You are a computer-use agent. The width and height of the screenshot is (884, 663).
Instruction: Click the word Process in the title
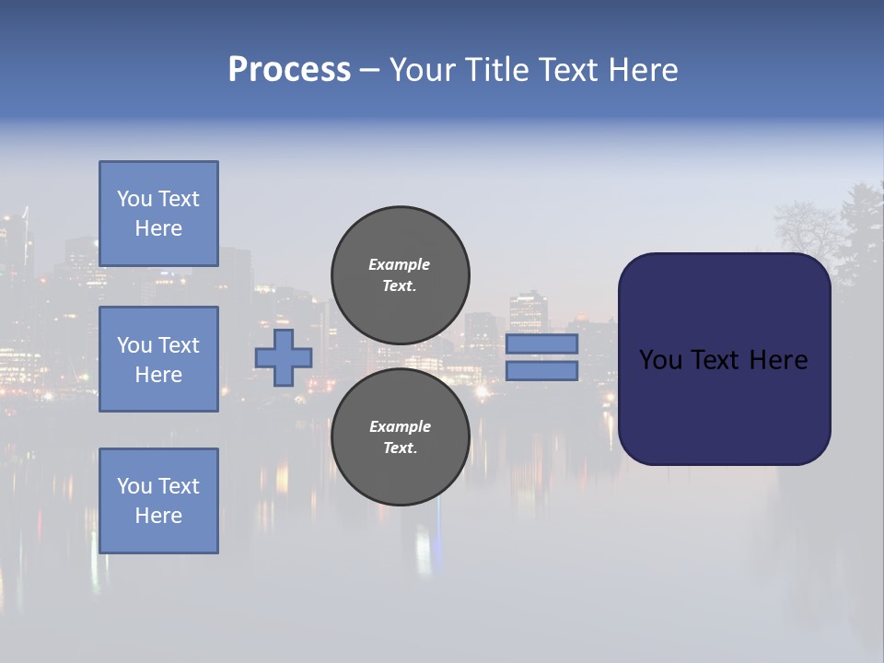click(289, 70)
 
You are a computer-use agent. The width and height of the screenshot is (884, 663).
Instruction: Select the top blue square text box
click(158, 214)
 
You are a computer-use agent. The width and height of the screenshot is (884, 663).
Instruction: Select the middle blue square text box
click(158, 359)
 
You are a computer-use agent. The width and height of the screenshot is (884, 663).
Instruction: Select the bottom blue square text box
click(158, 501)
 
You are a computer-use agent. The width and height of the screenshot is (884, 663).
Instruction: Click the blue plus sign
click(284, 357)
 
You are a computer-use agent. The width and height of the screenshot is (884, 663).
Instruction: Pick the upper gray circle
click(400, 274)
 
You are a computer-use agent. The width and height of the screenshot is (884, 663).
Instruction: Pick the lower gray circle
click(400, 436)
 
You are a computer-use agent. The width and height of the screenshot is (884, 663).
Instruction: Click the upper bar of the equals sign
click(541, 343)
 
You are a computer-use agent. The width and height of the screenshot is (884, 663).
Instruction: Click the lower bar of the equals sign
click(541, 371)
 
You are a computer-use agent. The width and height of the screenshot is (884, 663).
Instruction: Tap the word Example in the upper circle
click(400, 264)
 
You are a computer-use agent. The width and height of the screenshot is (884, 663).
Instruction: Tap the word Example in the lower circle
click(400, 426)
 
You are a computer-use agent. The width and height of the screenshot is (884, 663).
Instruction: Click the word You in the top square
click(134, 199)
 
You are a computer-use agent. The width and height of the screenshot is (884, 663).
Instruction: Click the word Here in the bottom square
click(158, 516)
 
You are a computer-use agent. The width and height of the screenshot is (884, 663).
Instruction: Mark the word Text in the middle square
click(180, 345)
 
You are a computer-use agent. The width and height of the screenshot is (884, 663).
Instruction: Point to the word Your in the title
click(425, 70)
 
